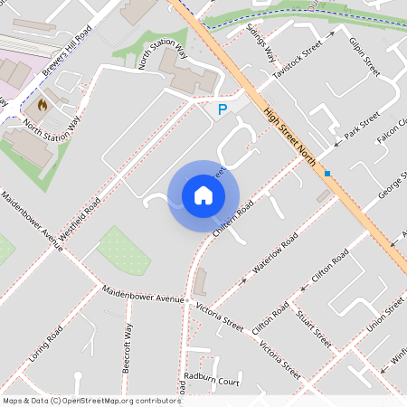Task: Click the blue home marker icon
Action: (x=203, y=194)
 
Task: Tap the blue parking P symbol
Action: (x=222, y=109)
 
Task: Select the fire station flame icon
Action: (x=42, y=105)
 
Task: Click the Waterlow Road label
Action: (x=276, y=254)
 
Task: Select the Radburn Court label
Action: (x=211, y=381)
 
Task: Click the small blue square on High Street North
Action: (x=327, y=173)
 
